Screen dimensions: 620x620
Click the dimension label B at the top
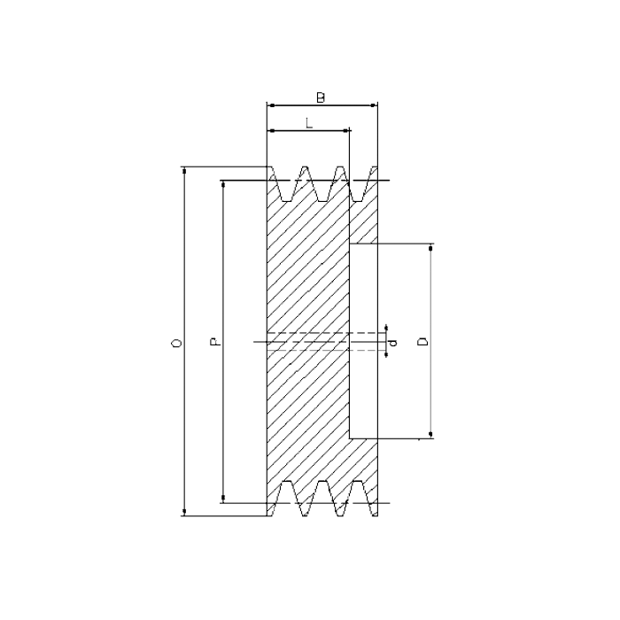[321, 97]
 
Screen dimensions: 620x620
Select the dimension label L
[308, 124]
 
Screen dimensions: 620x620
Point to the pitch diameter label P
[213, 341]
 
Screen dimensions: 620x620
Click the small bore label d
[394, 341]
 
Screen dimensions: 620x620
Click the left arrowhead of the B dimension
[270, 105]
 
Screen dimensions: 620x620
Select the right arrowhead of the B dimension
[375, 105]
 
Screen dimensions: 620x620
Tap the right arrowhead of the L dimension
[346, 131]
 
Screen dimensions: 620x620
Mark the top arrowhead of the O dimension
[184, 169]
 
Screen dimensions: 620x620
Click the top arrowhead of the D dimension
[431, 249]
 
